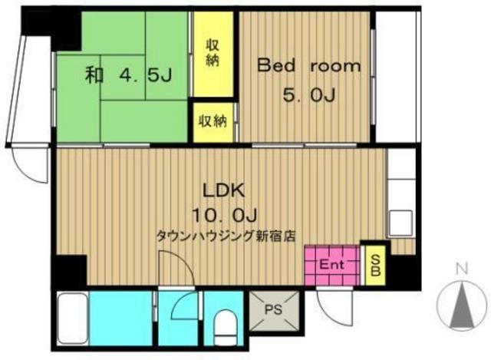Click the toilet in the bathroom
click(x=225, y=328)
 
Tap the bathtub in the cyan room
click(x=73, y=319)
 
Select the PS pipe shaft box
click(x=274, y=311)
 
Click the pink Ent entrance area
click(x=331, y=265)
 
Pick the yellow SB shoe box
click(x=375, y=265)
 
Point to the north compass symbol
click(x=462, y=306)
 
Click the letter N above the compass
click(x=462, y=269)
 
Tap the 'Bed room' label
click(x=308, y=66)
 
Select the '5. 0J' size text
click(x=308, y=95)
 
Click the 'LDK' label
click(x=223, y=190)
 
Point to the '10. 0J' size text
click(x=224, y=215)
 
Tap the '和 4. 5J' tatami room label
click(x=128, y=75)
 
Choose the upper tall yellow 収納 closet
click(x=213, y=54)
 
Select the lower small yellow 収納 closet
click(x=213, y=122)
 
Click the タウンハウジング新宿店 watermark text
click(x=226, y=236)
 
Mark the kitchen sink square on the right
click(x=400, y=223)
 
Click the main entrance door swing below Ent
click(x=334, y=307)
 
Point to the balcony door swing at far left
click(x=30, y=164)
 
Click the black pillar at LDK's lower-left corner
click(x=70, y=270)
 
